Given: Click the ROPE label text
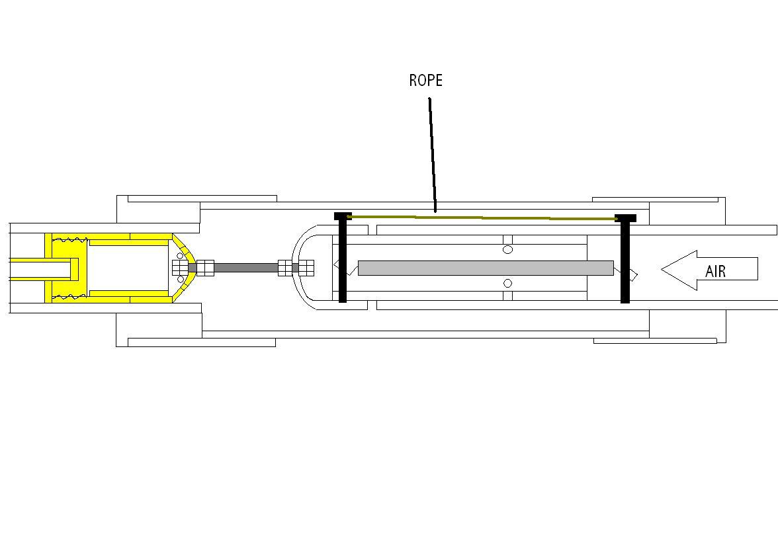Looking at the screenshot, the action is click(x=426, y=81).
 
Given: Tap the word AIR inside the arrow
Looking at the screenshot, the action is click(x=716, y=271).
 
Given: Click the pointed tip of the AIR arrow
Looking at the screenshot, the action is click(x=662, y=269).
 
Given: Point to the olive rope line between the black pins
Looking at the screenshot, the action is click(x=482, y=218).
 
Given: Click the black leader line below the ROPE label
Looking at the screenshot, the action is click(x=433, y=155).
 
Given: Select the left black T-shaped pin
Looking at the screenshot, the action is click(x=343, y=257).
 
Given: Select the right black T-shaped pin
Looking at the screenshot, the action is click(x=625, y=259).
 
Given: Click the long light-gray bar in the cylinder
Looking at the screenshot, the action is click(x=486, y=268).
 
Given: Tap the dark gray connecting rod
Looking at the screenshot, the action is click(x=245, y=268).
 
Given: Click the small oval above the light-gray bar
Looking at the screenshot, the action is click(x=507, y=249).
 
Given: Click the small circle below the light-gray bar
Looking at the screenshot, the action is click(x=507, y=283).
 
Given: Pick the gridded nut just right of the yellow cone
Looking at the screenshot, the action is click(x=205, y=268).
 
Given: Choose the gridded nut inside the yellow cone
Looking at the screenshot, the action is click(x=180, y=268).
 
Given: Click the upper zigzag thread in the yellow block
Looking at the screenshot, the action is click(x=69, y=239).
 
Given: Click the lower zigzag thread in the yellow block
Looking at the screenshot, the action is click(x=69, y=297).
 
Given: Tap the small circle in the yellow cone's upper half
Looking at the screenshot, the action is click(x=180, y=256).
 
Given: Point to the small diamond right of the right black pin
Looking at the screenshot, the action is click(x=633, y=274).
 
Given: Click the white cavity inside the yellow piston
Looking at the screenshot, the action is click(x=128, y=268).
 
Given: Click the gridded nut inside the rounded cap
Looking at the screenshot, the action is click(x=306, y=268).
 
